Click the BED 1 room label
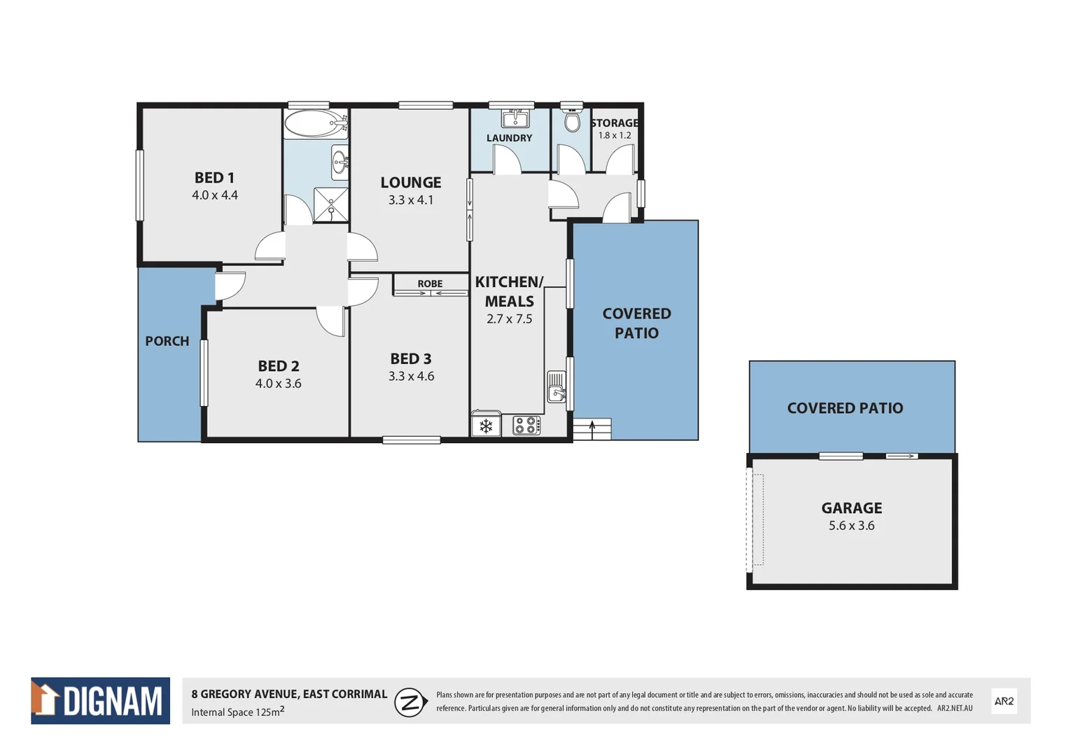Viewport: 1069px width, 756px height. (x=214, y=178)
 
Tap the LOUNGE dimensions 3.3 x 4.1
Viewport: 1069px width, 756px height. (x=411, y=200)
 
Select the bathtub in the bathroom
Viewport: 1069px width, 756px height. (x=315, y=124)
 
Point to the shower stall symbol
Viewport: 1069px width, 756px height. (x=330, y=204)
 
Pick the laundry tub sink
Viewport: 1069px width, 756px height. (x=515, y=118)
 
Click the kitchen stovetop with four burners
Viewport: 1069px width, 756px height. (x=526, y=425)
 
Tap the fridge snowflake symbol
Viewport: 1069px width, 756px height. (x=486, y=426)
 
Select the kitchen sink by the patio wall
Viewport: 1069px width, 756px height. (x=557, y=386)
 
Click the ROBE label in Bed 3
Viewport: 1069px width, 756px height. (x=430, y=283)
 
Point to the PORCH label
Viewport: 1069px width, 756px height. (x=167, y=341)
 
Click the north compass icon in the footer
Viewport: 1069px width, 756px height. (x=411, y=702)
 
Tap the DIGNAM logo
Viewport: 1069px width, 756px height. (x=100, y=701)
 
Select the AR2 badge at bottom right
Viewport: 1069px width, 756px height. (x=1004, y=701)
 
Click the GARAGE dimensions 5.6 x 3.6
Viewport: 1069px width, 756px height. (x=851, y=526)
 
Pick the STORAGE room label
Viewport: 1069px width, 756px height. (x=615, y=123)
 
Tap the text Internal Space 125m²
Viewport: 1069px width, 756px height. (x=238, y=712)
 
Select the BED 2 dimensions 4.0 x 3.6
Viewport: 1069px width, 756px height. (x=278, y=384)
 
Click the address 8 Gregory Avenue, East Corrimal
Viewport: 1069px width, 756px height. (x=289, y=694)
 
